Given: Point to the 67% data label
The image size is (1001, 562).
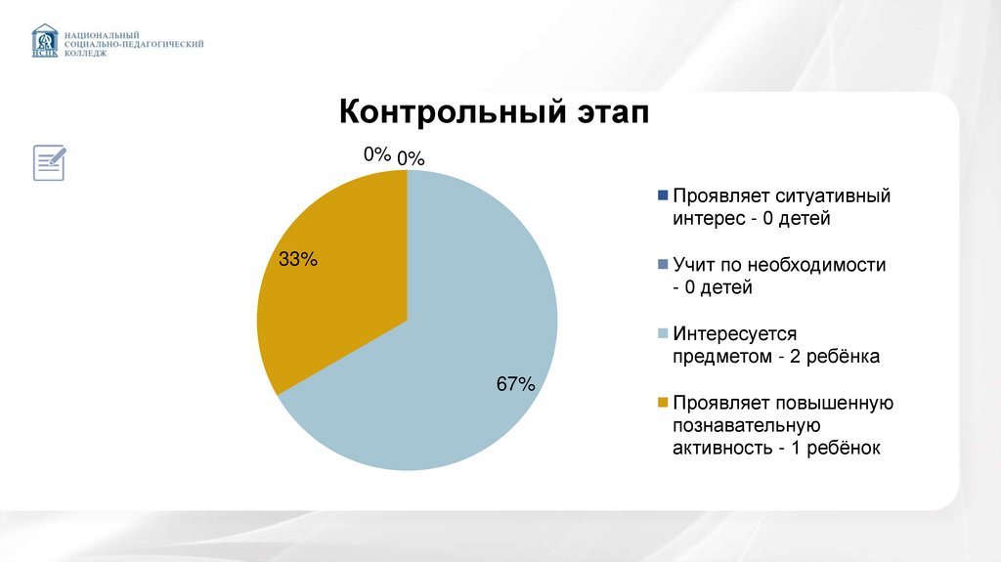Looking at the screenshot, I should coord(515,384).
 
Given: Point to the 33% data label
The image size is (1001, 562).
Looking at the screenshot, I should coord(298,259).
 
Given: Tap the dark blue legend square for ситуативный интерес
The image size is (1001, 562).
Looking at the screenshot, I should coord(663,195).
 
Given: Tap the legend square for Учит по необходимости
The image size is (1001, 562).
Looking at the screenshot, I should coord(663,264).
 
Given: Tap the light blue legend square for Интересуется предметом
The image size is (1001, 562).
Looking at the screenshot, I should coord(663,334).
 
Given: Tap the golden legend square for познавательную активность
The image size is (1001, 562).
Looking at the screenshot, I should coord(663,403).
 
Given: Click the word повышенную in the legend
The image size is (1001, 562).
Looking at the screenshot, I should coord(836,403).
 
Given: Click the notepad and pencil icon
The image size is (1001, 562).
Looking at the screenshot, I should coord(50,161).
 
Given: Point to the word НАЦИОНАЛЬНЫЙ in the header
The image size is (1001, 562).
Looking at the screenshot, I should coord(95,33).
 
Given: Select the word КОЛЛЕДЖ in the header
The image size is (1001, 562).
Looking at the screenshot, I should coord(87,55).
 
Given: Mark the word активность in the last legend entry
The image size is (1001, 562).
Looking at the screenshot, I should coord(719,448).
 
